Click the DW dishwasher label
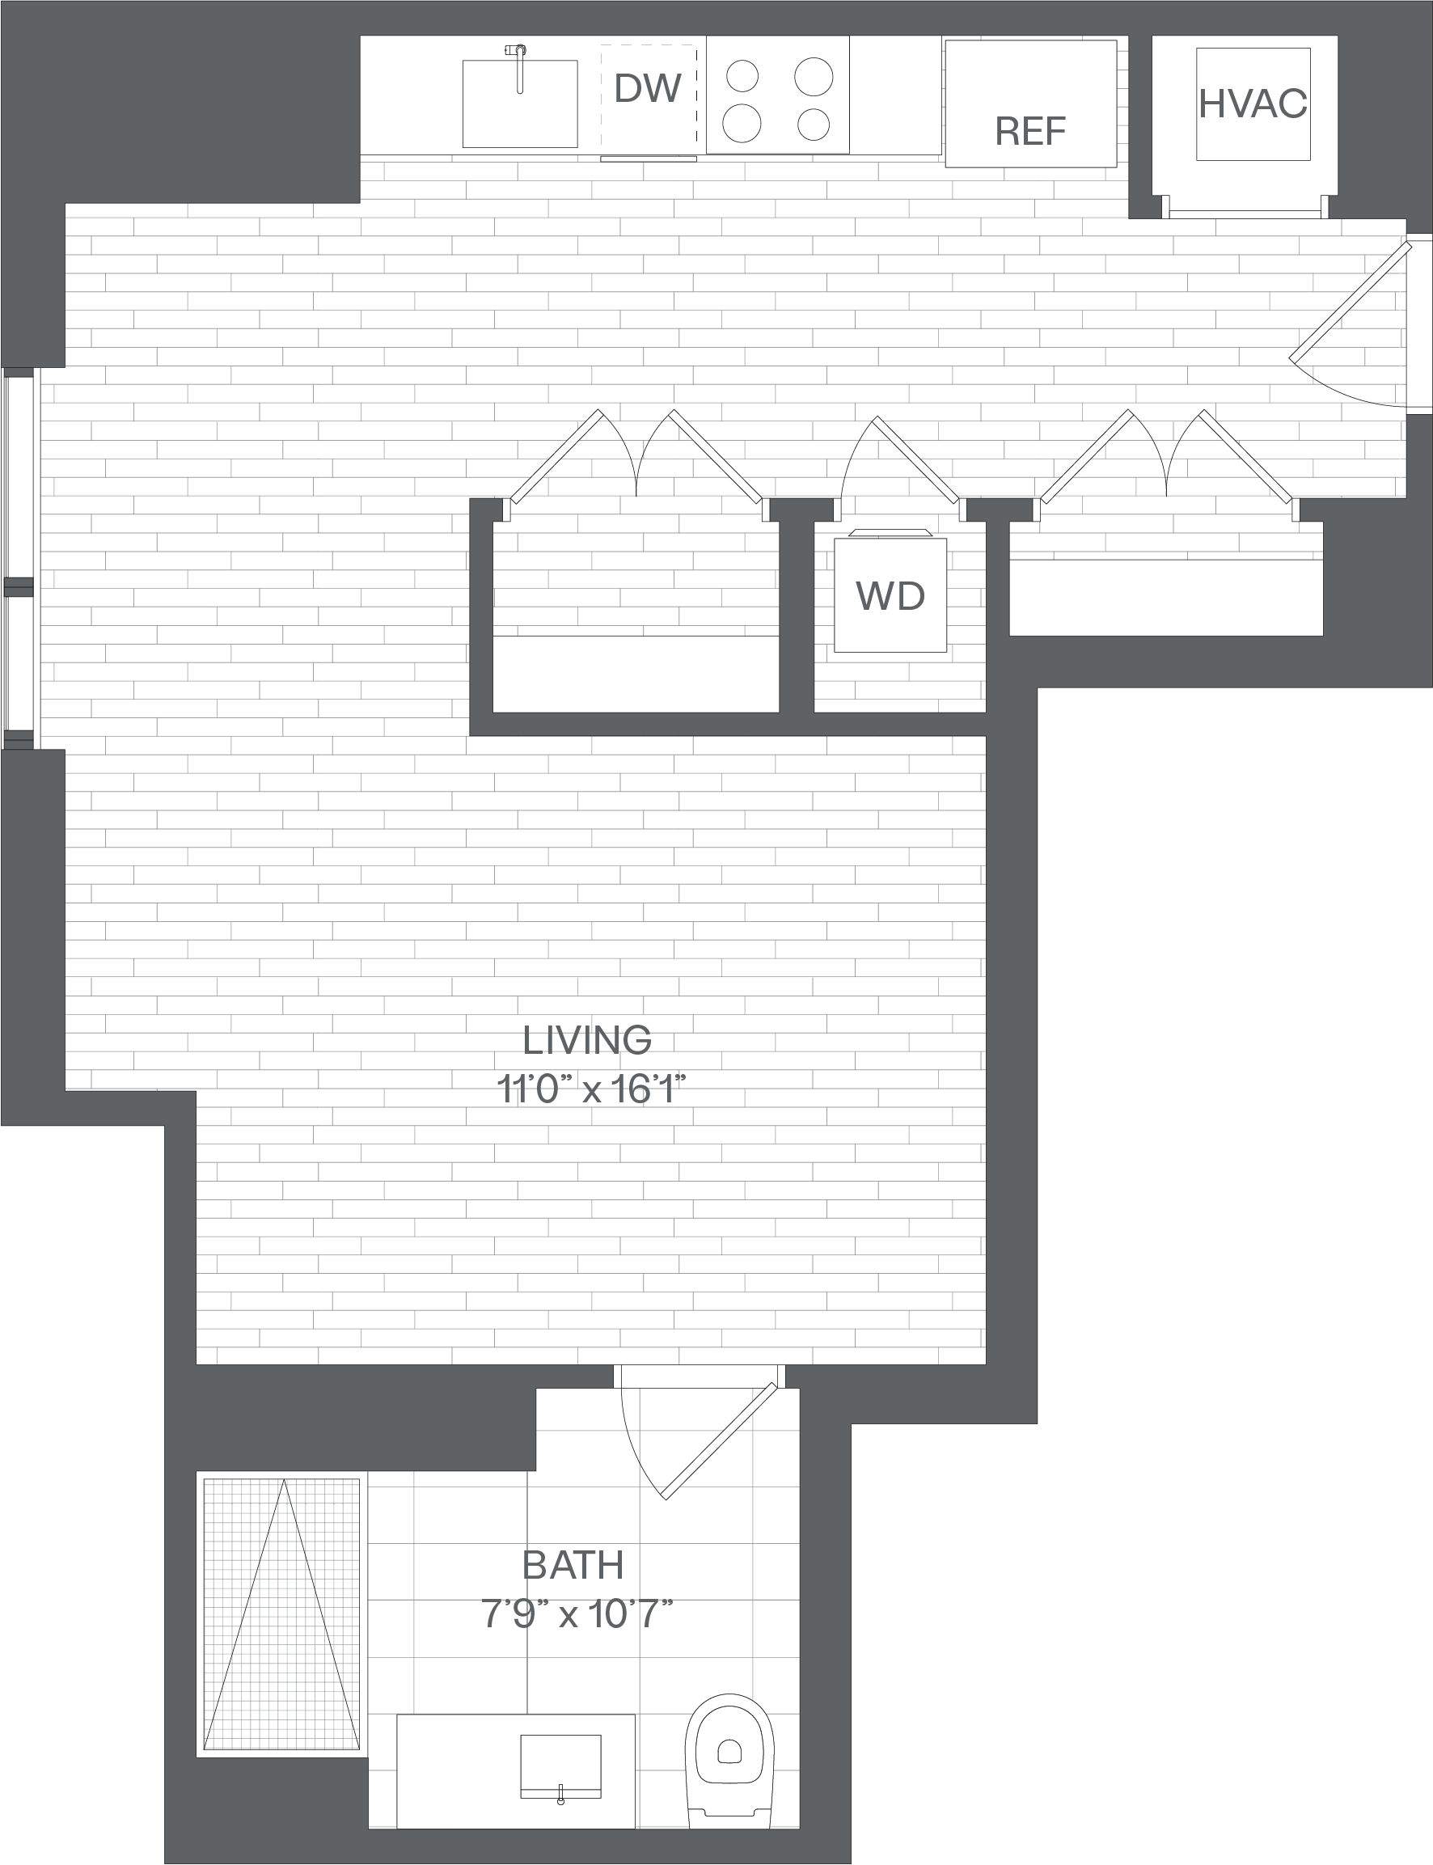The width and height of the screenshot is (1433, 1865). pyautogui.click(x=648, y=88)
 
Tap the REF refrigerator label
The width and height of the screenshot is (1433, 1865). pyautogui.click(x=1030, y=130)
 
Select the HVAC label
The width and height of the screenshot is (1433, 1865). pyautogui.click(x=1252, y=104)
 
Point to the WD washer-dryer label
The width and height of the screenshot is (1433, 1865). pyautogui.click(x=890, y=595)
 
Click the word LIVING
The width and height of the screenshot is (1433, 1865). pyautogui.click(x=587, y=1040)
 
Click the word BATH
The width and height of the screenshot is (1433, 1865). pyautogui.click(x=573, y=1565)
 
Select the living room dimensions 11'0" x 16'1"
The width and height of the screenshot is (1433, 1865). pyautogui.click(x=591, y=1089)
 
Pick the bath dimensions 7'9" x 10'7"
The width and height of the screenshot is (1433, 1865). pyautogui.click(x=577, y=1614)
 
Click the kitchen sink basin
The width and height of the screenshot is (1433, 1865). pyautogui.click(x=519, y=104)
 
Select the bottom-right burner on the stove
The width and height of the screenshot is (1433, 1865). pyautogui.click(x=814, y=125)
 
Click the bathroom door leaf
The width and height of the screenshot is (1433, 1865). pyautogui.click(x=719, y=1442)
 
